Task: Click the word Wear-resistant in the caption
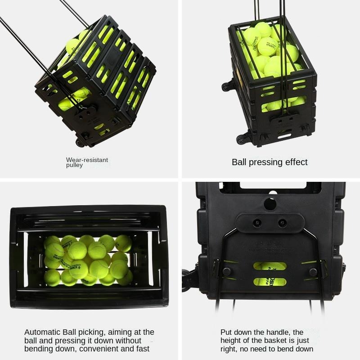pos(87,160)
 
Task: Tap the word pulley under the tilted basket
pos(74,165)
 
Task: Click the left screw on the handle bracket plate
pos(257,222)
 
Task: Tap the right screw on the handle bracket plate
pos(283,222)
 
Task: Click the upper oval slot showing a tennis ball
pos(270,266)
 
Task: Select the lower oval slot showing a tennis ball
pos(270,282)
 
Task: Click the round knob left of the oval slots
pos(227,272)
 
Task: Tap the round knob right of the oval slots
pos(313,272)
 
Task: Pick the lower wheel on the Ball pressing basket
pos(243,139)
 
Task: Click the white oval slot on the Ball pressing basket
pos(284,136)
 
